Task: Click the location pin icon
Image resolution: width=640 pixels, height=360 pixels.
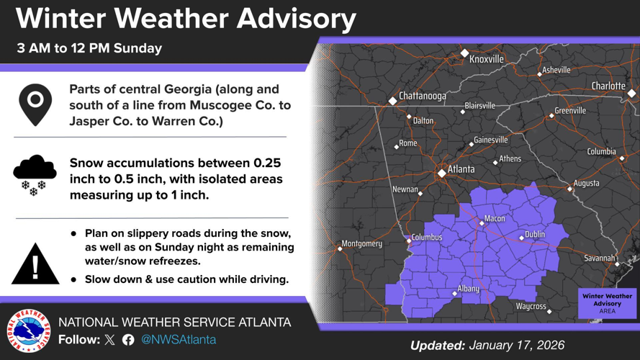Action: click(x=35, y=104)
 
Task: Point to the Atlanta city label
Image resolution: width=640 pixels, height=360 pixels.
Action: click(x=461, y=169)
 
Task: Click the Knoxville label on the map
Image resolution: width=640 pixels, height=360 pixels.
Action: click(x=487, y=59)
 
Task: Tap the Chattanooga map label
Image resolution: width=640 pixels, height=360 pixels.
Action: click(x=423, y=96)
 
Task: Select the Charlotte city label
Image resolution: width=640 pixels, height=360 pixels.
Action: click(x=608, y=86)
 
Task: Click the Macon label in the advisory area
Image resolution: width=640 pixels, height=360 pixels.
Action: click(x=495, y=218)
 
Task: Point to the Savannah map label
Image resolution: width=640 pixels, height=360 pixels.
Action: click(x=599, y=258)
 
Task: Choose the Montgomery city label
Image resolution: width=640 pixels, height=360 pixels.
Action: click(x=362, y=243)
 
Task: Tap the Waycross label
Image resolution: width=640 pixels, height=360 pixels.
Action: click(x=531, y=307)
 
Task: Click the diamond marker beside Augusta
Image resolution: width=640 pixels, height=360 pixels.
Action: click(x=569, y=189)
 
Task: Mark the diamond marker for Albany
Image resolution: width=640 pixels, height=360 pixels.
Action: click(x=454, y=293)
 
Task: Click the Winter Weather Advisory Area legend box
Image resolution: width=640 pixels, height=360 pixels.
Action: click(x=607, y=303)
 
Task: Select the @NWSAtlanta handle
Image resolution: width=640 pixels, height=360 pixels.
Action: click(x=179, y=339)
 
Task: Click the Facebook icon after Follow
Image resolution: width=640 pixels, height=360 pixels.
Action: click(x=128, y=340)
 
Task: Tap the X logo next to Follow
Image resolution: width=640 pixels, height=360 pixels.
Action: click(x=109, y=340)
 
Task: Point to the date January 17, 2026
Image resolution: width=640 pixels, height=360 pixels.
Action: click(x=518, y=346)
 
